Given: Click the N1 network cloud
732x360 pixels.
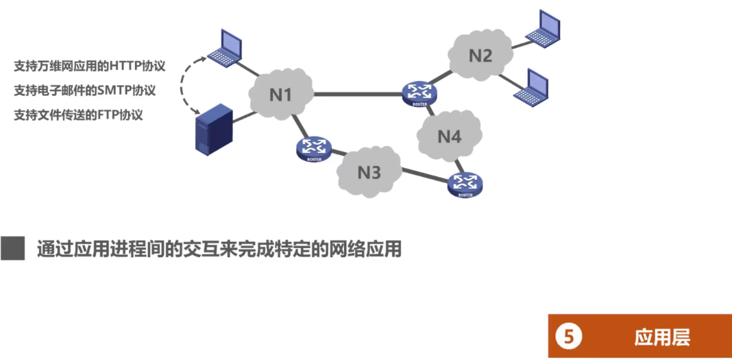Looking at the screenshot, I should pos(280,95).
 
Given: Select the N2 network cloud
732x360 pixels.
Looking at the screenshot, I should pos(480,56).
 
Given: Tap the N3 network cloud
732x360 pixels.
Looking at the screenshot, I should pos(369,171).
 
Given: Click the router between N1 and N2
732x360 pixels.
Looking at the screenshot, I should pos(419,93).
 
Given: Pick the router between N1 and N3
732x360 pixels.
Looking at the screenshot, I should pos(314,148).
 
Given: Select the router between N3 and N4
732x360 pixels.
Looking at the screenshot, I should pos(465,184).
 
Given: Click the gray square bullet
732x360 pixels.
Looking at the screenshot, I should pos(12,249).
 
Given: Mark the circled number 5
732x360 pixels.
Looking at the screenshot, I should pos(568,337).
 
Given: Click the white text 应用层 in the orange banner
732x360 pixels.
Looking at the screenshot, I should pos(661,337).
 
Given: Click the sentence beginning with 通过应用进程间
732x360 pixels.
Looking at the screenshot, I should pos(219,249).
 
